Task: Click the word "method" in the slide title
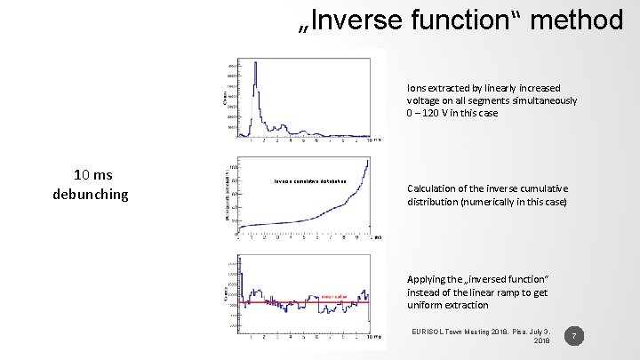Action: click(580, 19)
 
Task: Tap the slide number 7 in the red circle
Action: click(576, 336)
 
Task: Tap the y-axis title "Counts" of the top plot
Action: click(223, 96)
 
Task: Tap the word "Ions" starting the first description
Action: click(417, 88)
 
